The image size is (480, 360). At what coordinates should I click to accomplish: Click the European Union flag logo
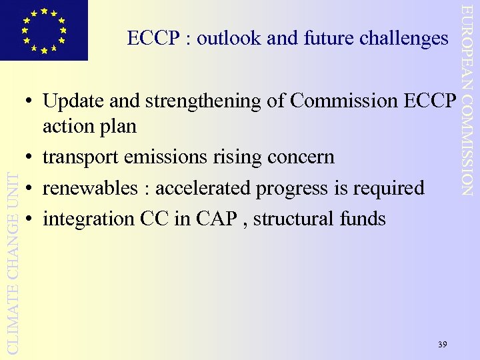tap(44, 30)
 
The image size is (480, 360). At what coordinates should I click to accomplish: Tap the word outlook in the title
tap(228, 39)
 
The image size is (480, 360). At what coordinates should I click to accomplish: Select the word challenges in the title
tap(403, 39)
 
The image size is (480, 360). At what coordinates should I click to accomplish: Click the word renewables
tap(89, 188)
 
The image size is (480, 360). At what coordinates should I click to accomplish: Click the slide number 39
tap(443, 344)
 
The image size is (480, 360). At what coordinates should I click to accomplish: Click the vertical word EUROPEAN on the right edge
tap(469, 41)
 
